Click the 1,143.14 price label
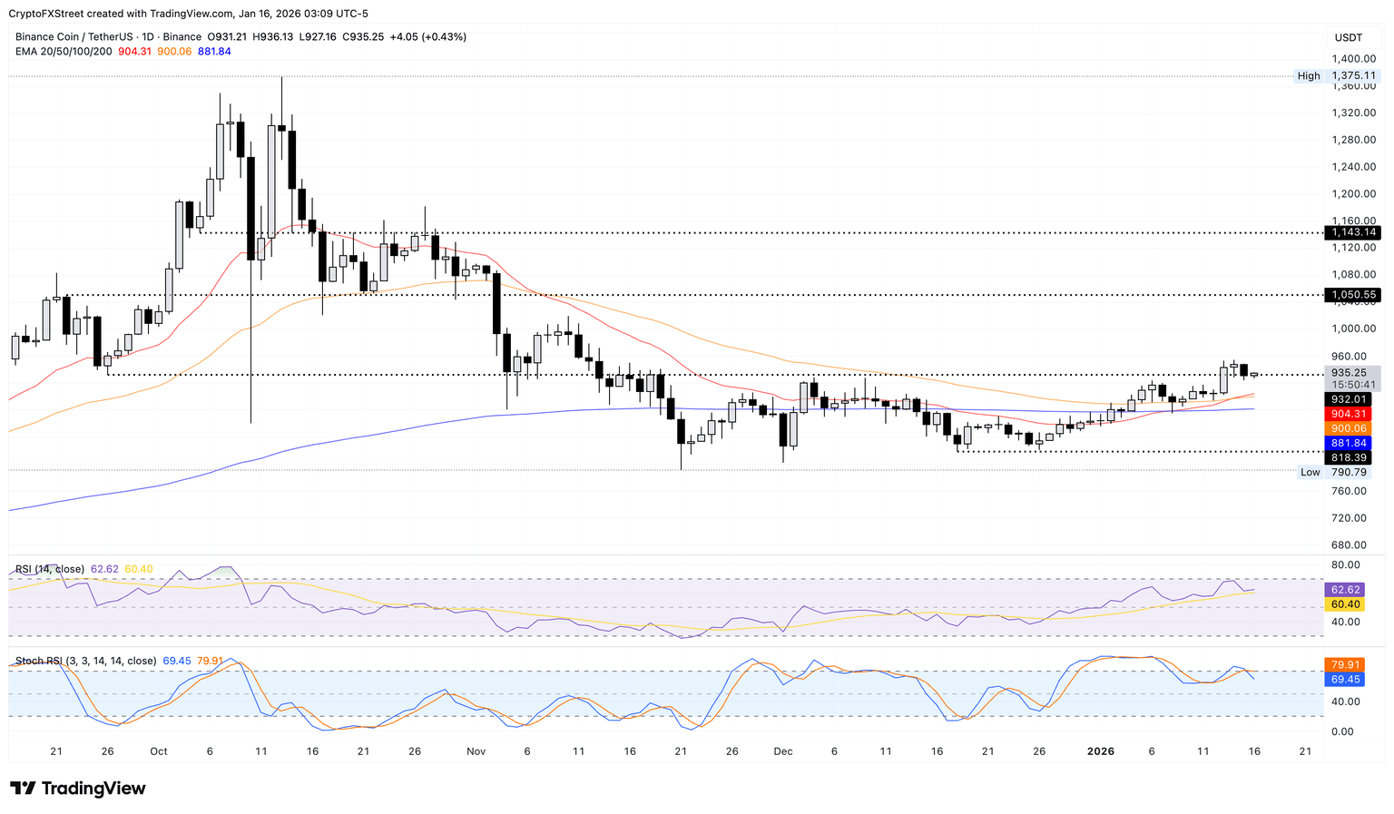coord(1352,233)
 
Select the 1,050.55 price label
coord(1352,295)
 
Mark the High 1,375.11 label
coord(1352,76)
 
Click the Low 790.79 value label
coord(1349,472)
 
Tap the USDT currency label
coord(1349,37)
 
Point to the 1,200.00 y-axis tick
coord(1352,193)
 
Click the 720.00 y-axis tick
coord(1349,518)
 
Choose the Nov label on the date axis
coord(476,751)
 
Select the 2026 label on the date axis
coord(1101,751)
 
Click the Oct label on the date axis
coord(159,751)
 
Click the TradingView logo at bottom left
coord(78,789)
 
